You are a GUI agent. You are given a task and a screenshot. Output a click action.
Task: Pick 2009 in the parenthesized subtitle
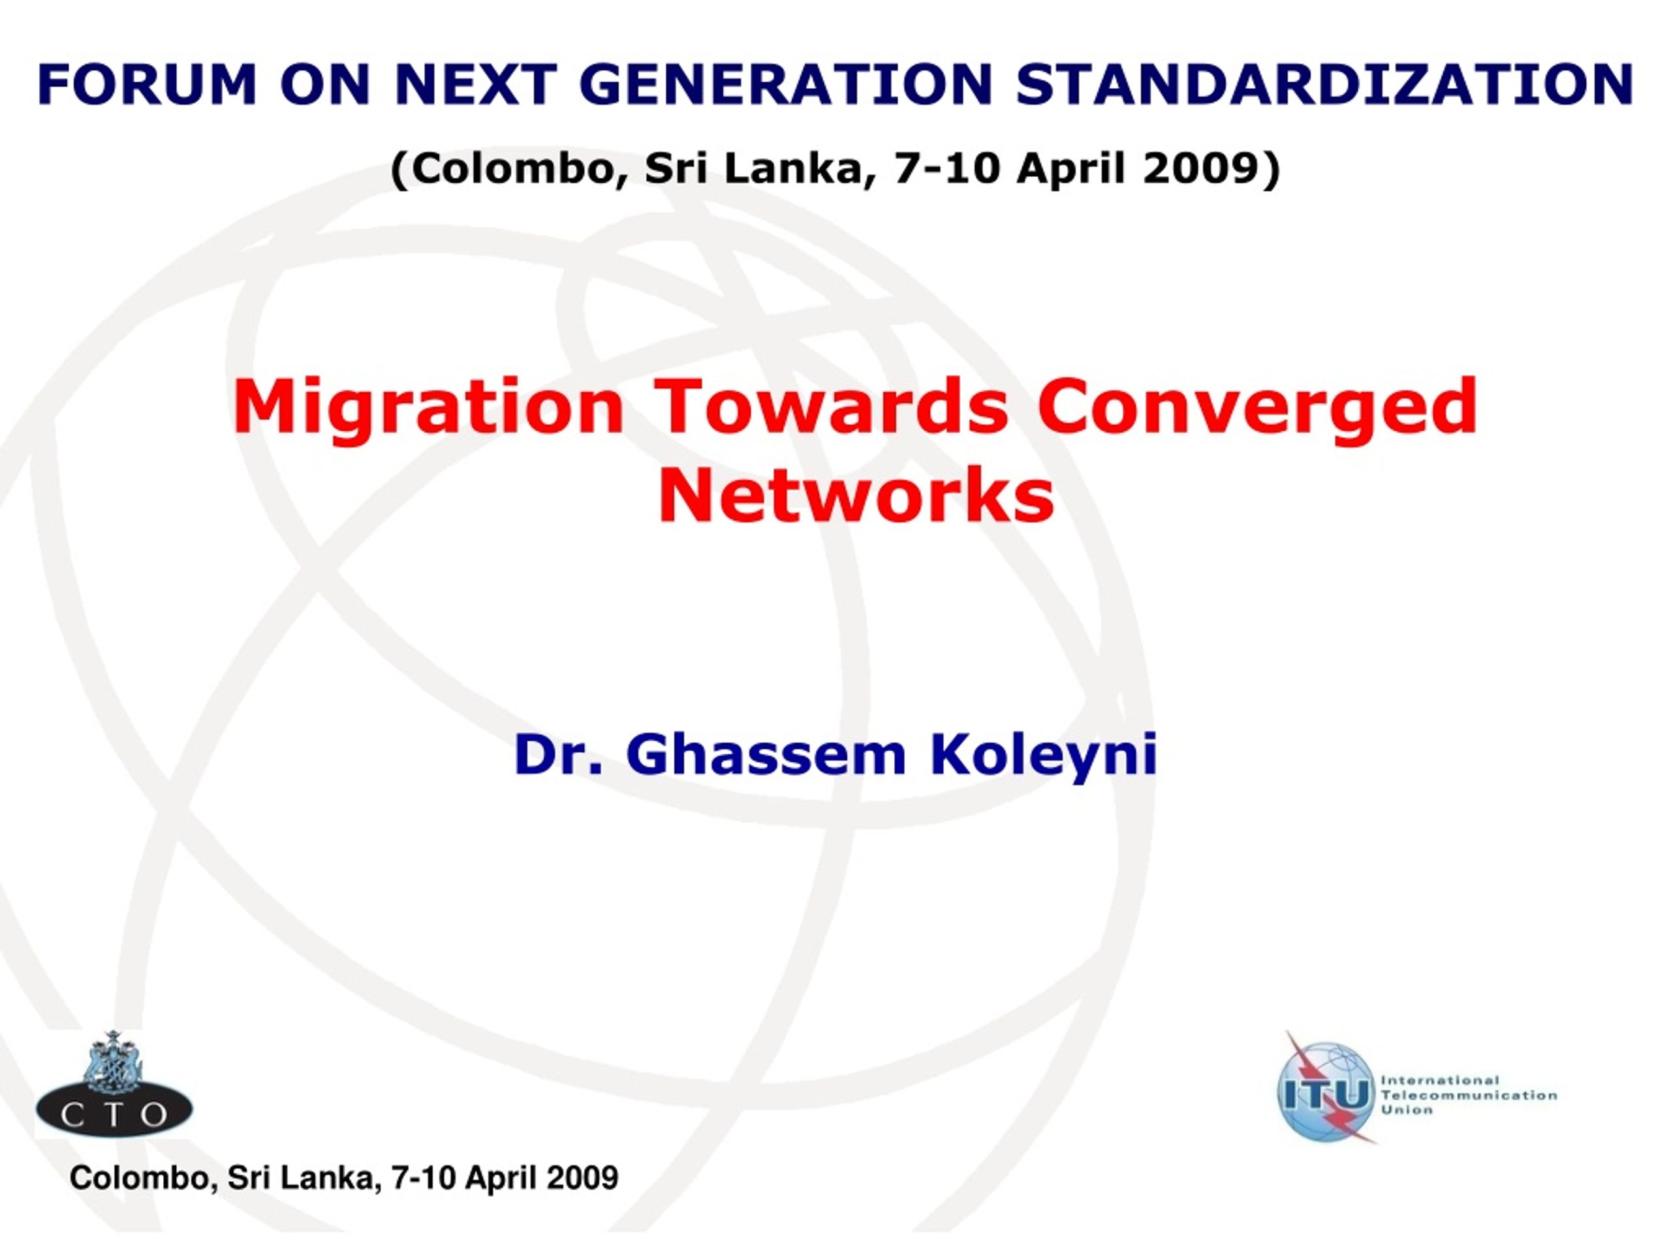click(x=1206, y=168)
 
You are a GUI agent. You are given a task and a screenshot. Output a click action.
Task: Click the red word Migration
click(x=428, y=408)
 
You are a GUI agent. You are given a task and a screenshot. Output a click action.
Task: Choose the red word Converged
click(x=1257, y=408)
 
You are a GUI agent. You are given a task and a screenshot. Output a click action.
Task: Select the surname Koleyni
click(x=1043, y=756)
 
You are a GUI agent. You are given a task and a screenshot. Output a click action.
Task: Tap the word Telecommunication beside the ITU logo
click(x=1469, y=1095)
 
